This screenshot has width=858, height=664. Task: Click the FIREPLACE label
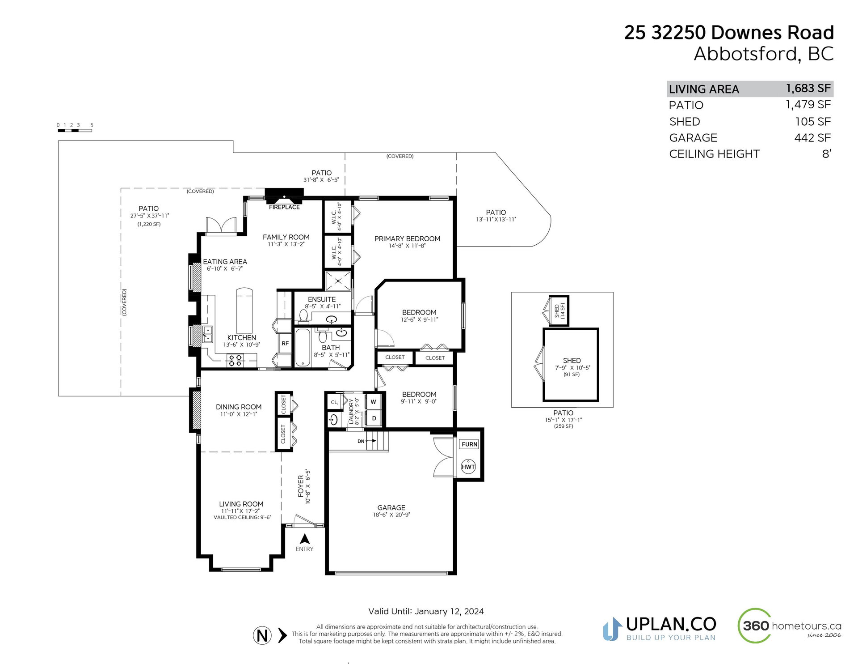[284, 207]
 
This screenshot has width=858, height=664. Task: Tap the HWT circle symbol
[468, 467]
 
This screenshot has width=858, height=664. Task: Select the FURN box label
[469, 444]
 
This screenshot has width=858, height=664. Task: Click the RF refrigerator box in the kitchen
[285, 343]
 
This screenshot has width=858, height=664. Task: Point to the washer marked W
[373, 402]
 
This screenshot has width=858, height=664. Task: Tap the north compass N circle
[262, 635]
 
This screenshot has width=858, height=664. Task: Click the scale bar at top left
[75, 130]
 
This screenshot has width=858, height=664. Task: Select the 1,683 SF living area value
[808, 89]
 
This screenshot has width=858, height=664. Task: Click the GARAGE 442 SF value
[812, 138]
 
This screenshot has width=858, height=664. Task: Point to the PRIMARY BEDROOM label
[407, 239]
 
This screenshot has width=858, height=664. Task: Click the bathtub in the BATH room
[303, 348]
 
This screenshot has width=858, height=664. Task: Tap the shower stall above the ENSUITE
[338, 281]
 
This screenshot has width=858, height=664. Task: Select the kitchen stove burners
[235, 360]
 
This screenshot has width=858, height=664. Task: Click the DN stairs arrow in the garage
[371, 441]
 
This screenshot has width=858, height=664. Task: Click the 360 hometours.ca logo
[789, 626]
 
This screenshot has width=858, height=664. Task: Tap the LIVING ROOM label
[241, 504]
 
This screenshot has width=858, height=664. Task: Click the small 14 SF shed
[558, 311]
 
